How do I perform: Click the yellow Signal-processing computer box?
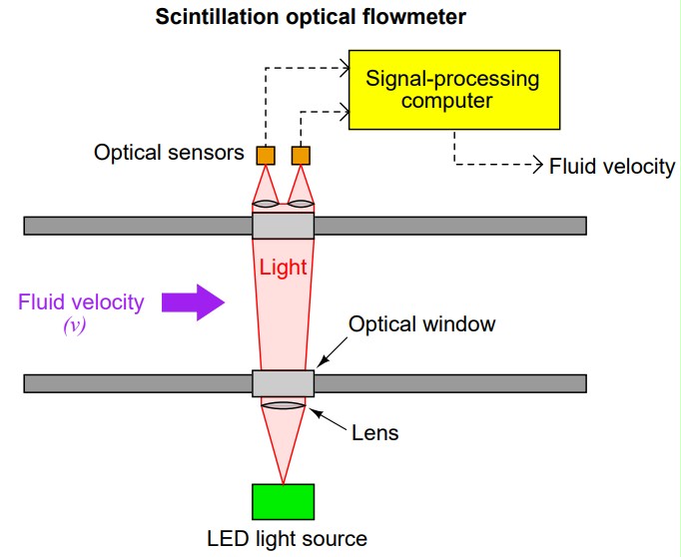point(453,89)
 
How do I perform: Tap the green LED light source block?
point(284,502)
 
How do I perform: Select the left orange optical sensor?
point(266,155)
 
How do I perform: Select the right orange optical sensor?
point(301,155)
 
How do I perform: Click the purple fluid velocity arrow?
point(199,301)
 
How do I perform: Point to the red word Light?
point(283,269)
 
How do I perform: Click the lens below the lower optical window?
point(283,404)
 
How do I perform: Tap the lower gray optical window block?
point(283,383)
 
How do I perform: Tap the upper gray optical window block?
point(283,226)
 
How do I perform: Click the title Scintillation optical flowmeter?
point(298,18)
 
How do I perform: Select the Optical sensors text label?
point(169,154)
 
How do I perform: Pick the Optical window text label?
point(421,324)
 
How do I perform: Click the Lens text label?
point(375,433)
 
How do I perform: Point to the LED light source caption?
point(287,539)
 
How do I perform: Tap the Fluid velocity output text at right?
point(612,167)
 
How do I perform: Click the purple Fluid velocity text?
point(81,301)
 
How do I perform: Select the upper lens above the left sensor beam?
point(266,205)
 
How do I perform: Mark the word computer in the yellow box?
point(453,102)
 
